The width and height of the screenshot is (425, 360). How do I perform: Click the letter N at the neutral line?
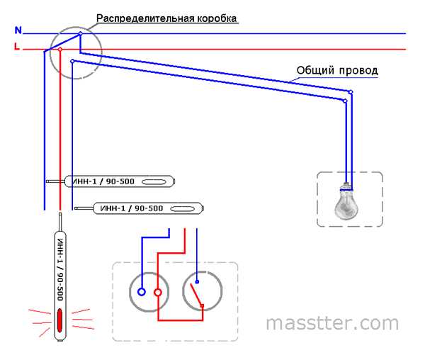18,30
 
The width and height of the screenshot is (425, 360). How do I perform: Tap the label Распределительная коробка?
166,17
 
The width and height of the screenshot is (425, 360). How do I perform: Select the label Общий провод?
336,71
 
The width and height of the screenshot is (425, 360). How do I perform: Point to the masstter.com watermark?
332,323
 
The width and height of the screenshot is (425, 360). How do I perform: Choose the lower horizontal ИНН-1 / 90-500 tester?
148,208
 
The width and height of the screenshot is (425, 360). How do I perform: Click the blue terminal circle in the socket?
142,291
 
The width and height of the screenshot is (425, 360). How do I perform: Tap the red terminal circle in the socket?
158,291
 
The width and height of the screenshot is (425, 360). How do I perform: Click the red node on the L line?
60,50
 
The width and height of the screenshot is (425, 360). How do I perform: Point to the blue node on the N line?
80,33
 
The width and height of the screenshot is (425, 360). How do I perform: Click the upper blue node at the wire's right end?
351,92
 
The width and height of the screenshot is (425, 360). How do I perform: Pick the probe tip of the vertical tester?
60,212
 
